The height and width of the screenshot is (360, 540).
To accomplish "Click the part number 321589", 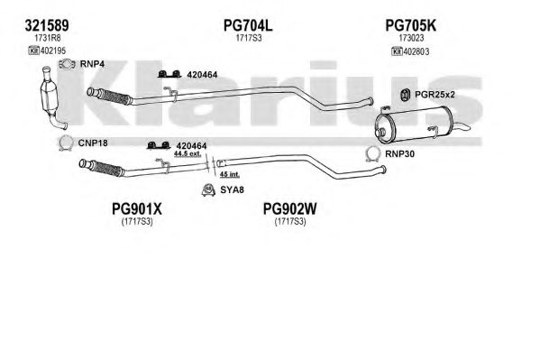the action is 47,25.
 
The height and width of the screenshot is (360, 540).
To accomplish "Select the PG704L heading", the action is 248,25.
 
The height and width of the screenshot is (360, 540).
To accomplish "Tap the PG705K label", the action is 410,25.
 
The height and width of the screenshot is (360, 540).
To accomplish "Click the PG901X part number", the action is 137,208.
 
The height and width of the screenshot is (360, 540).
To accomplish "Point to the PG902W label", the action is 290,208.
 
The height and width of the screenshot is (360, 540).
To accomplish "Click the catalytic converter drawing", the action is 50,97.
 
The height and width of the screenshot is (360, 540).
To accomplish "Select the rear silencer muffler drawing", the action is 418,125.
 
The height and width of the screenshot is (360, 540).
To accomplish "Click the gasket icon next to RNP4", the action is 67,64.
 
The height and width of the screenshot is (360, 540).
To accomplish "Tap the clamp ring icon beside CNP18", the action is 66,143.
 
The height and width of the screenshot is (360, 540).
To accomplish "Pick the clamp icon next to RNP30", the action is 372,153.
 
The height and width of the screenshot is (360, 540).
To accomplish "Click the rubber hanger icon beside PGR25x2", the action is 406,95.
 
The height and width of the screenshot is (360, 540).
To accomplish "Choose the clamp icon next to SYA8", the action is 208,189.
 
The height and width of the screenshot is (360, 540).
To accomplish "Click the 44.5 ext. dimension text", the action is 188,153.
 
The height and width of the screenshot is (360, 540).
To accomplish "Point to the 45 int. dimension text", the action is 230,174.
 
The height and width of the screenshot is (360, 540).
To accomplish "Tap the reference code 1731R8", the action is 48,38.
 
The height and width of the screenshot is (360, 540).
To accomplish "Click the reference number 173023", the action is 411,38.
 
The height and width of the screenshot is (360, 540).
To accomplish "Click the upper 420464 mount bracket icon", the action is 169,74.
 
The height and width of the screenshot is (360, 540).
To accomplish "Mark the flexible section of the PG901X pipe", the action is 107,169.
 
